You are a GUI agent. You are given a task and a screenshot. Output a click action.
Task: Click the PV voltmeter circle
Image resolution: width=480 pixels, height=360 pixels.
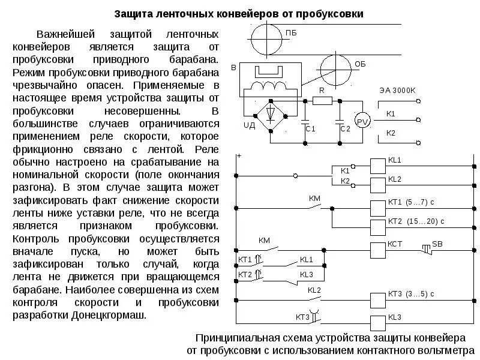[x=362, y=121]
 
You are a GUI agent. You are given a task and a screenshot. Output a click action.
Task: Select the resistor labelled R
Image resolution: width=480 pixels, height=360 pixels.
[x=322, y=101]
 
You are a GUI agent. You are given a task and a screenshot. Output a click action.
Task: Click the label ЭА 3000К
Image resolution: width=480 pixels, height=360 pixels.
[x=397, y=90]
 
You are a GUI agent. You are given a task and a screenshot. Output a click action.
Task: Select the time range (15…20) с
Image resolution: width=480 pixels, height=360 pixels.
[x=424, y=221]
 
